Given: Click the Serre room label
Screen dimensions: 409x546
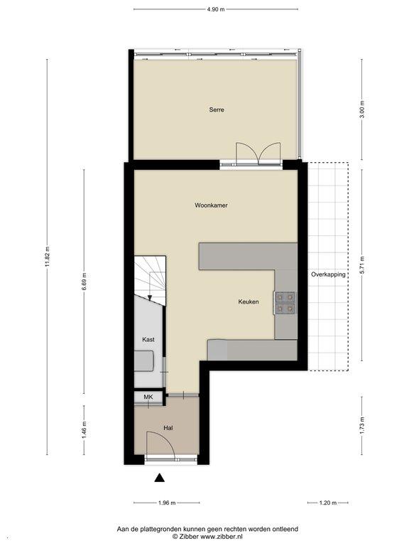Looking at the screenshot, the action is pyautogui.click(x=217, y=109).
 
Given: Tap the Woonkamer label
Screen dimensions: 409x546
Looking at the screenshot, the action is pyautogui.click(x=211, y=205).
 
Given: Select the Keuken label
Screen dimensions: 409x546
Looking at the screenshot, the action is pyautogui.click(x=249, y=302).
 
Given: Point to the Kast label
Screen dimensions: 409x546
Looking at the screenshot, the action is pyautogui.click(x=148, y=340).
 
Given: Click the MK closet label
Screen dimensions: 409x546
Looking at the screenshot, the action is pyautogui.click(x=148, y=397).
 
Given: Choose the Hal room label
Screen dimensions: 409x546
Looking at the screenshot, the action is pyautogui.click(x=168, y=428).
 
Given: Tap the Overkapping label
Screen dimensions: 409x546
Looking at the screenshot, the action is pyautogui.click(x=328, y=274).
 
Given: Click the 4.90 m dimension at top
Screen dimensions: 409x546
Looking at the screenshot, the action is pyautogui.click(x=216, y=9).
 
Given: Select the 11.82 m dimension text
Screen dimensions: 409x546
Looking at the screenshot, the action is pyautogui.click(x=48, y=257).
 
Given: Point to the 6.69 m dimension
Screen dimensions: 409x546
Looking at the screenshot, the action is pyautogui.click(x=84, y=282).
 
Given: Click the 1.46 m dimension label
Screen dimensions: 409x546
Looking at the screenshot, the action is pyautogui.click(x=84, y=429).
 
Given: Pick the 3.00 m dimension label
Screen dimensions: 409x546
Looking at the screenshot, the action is pyautogui.click(x=361, y=109).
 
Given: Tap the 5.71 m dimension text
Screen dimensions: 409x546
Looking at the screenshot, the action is pyautogui.click(x=361, y=265).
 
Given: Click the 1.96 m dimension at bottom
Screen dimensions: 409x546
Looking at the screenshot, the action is pyautogui.click(x=167, y=503).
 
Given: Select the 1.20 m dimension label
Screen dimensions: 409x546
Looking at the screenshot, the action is pyautogui.click(x=328, y=503).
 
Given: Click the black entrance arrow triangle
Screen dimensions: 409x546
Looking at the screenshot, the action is pyautogui.click(x=159, y=478).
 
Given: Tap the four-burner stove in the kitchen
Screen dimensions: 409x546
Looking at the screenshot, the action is pyautogui.click(x=285, y=303).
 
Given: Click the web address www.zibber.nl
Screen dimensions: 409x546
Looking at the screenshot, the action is pyautogui.click(x=222, y=537).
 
